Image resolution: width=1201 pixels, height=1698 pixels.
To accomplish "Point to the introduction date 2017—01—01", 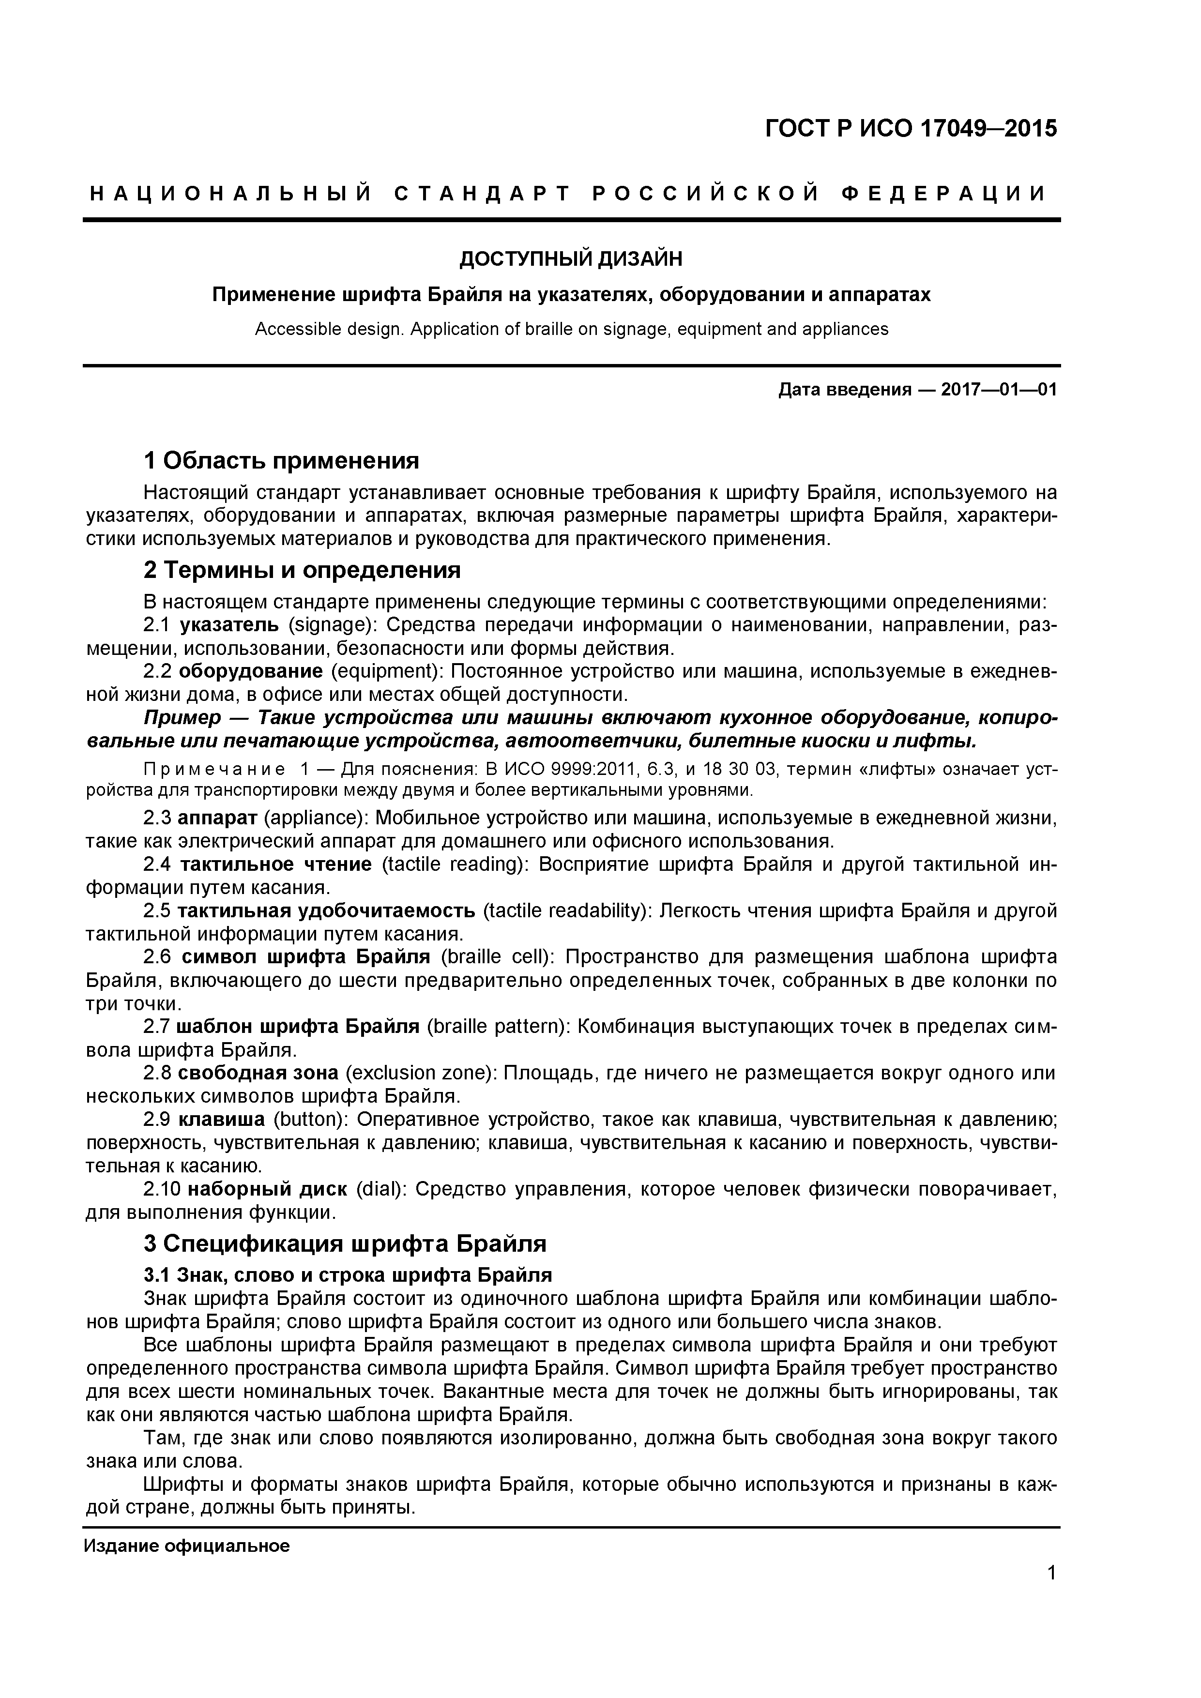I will (x=998, y=390).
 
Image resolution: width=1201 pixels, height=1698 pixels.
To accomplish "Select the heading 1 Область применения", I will (x=281, y=461).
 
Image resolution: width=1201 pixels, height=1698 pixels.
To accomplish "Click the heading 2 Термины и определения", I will (x=302, y=570).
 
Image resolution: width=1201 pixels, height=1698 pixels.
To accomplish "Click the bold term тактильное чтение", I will (x=276, y=864).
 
